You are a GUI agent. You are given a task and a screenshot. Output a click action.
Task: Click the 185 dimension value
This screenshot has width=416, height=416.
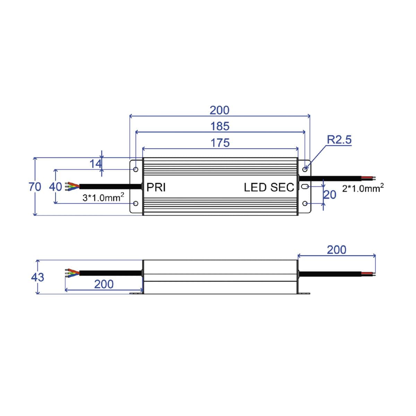[220, 126]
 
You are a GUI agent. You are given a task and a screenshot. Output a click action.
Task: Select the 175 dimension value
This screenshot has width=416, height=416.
[220, 142]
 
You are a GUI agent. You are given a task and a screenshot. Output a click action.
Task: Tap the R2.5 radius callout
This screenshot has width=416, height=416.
[339, 140]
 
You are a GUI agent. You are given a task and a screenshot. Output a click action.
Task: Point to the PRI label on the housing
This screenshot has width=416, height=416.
[156, 187]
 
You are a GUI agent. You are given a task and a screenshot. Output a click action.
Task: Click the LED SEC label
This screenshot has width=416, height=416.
[269, 188]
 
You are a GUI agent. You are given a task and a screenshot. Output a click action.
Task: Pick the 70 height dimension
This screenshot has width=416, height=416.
[35, 187]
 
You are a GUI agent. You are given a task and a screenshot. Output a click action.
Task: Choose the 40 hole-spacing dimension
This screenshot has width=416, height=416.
[55, 187]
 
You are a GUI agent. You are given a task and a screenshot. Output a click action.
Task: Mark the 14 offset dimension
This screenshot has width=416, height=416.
[95, 164]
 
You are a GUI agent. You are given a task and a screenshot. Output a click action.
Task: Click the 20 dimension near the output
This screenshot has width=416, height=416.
[330, 195]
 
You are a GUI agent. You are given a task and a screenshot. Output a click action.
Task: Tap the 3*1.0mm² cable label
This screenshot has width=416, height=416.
[103, 198]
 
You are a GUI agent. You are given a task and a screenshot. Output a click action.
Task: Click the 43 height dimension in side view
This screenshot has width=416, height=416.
[37, 277]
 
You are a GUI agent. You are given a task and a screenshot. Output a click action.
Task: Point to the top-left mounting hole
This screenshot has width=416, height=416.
[136, 170]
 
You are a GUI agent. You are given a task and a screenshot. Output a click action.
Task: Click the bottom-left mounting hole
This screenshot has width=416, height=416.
[136, 203]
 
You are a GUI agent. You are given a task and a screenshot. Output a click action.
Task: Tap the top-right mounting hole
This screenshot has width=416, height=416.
[305, 170]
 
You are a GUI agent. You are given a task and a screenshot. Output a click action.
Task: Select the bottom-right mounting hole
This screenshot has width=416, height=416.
[305, 203]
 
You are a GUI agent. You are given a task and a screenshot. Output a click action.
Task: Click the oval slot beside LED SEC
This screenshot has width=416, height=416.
[304, 187]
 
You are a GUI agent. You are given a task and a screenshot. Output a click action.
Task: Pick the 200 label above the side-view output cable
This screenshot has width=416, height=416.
[336, 250]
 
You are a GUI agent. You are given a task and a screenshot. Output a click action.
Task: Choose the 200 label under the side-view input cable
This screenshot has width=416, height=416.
[104, 284]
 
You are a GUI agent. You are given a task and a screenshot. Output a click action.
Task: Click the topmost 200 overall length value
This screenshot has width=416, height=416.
[219, 110]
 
